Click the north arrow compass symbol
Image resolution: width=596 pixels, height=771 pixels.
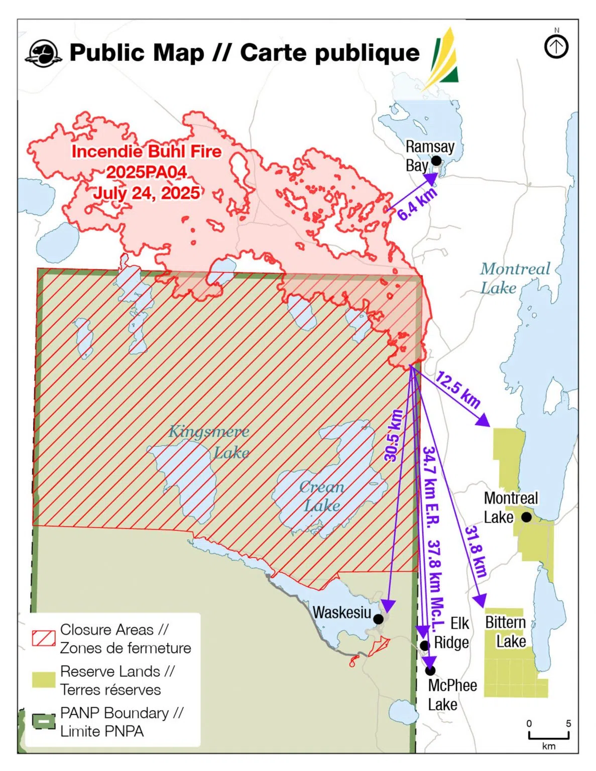(x=556, y=47)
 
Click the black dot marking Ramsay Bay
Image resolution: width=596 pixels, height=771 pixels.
(x=436, y=161)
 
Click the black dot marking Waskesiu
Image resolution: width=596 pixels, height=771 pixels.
(x=379, y=619)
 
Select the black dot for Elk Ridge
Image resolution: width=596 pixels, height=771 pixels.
(x=425, y=646)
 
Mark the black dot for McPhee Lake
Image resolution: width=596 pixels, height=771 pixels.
(x=430, y=670)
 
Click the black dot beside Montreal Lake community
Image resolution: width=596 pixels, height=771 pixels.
(x=526, y=517)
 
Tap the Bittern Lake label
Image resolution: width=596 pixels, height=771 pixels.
(x=506, y=632)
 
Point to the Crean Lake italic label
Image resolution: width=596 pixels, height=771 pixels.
(x=322, y=496)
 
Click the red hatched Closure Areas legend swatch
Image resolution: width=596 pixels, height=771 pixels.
(x=44, y=638)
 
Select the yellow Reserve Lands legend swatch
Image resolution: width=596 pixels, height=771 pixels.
(x=44, y=680)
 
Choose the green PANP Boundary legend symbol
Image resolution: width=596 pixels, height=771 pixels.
(x=44, y=721)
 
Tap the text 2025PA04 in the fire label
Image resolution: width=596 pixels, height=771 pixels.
(x=147, y=172)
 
